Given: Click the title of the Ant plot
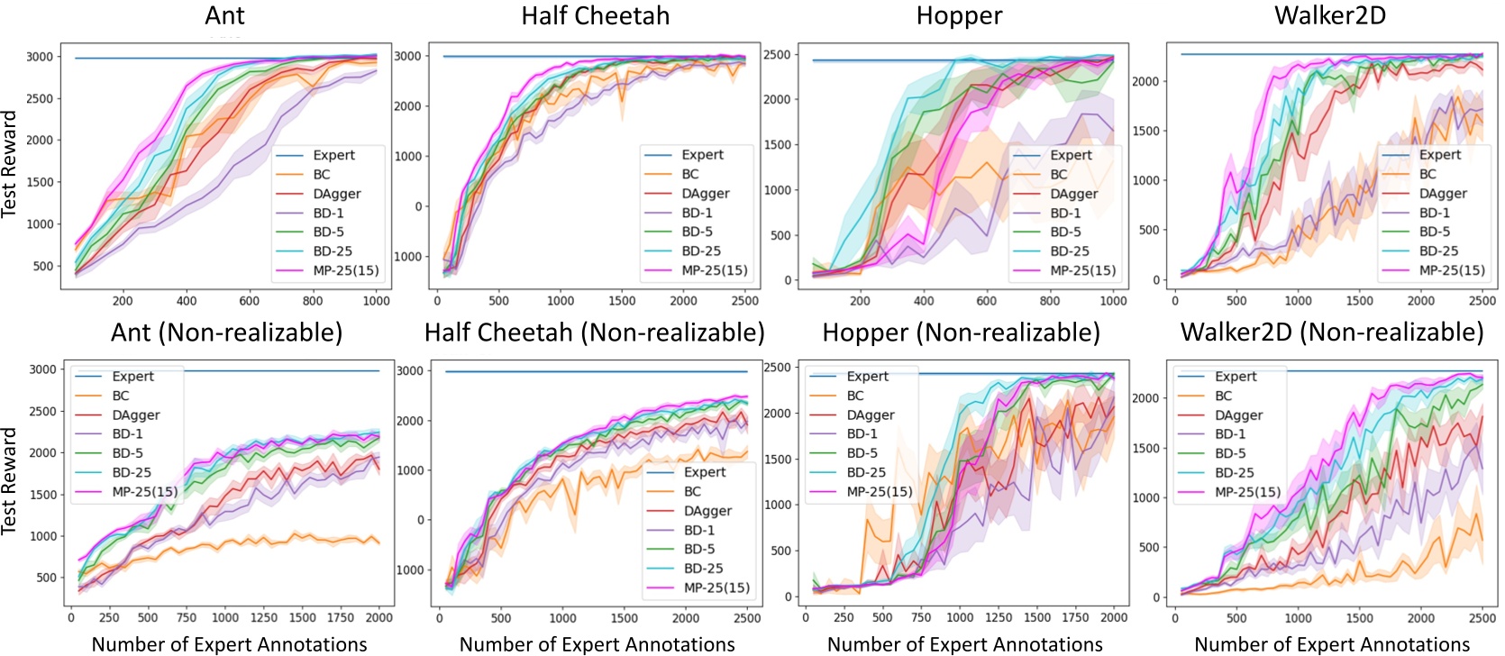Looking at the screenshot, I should tap(224, 15).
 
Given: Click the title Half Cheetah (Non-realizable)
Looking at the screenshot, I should tap(594, 333).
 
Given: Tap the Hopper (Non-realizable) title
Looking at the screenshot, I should tap(961, 333).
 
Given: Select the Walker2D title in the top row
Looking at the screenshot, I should tap(1329, 15).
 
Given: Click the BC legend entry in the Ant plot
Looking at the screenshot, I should tap(321, 175).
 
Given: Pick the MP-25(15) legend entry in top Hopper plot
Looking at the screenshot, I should tap(1082, 270).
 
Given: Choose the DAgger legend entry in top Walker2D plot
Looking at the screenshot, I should tap(1442, 194).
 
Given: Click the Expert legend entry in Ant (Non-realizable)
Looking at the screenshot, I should tap(132, 377).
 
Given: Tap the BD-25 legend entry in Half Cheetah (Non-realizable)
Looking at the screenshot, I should tap(703, 569).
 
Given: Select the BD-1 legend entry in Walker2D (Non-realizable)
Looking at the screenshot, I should tap(1229, 434).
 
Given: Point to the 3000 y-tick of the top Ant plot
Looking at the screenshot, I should tap(39, 57).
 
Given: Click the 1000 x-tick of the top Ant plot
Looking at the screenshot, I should tap(376, 301).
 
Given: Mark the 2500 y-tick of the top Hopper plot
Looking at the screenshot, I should tap(777, 55).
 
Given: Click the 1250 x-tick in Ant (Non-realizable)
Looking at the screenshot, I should tap(264, 618).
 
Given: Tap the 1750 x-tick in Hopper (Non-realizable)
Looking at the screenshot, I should tap(1075, 618).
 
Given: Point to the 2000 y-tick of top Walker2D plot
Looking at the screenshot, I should tap(1145, 81).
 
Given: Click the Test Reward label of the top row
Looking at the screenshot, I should tap(10, 164).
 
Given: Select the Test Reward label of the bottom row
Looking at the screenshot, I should tap(10, 481).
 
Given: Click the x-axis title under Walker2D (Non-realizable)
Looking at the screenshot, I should tap(1331, 644).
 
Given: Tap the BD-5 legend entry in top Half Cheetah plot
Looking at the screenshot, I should tap(697, 232).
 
